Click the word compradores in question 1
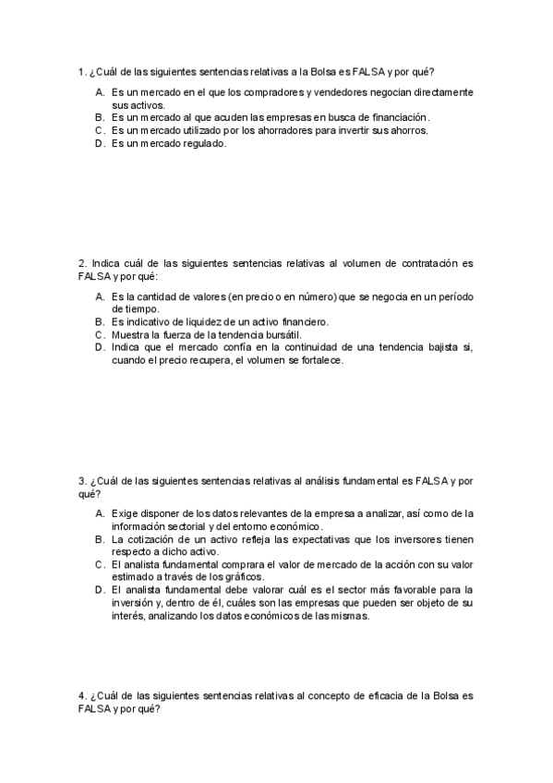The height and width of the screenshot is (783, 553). point(249,92)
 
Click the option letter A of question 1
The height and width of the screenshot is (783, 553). point(99,92)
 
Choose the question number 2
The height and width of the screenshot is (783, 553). point(82,263)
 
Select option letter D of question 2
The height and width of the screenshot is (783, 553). point(99,347)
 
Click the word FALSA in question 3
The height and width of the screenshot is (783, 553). point(427,481)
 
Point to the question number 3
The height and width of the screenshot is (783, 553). point(82,481)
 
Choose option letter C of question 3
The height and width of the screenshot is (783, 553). point(99,564)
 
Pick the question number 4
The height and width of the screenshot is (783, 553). point(82,694)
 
